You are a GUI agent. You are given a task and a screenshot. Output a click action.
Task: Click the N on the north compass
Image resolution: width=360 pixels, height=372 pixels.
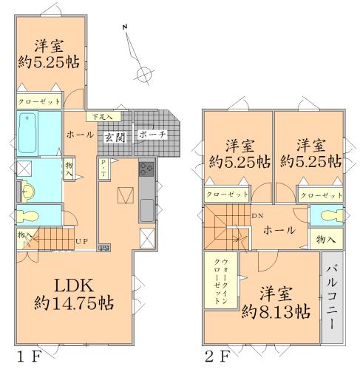pos(126,28)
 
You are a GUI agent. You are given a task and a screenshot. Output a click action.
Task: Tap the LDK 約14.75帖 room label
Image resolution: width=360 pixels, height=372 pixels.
pos(72,293)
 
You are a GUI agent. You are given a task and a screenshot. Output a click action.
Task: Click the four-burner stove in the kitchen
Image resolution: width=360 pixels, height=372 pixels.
pos(145,169)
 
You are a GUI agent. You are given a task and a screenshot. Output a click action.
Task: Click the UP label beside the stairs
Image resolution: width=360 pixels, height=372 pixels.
pos(82,241)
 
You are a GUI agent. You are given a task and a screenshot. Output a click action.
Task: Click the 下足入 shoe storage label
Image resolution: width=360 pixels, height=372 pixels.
pos(102,116)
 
